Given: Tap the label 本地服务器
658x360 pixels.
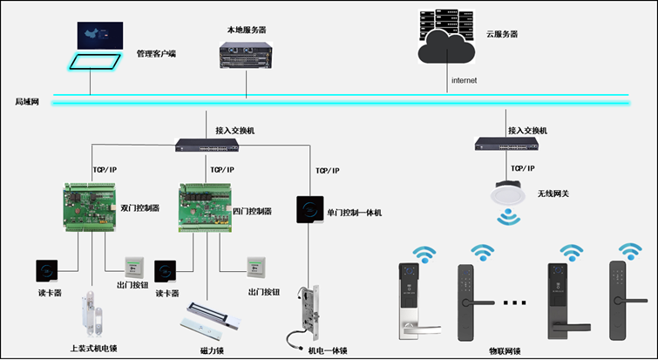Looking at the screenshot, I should point(247,30).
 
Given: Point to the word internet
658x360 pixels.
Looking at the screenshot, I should point(465,81).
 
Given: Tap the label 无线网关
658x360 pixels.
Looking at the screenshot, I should point(554,194).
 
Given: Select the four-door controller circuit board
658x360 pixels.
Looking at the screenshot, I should point(205,207).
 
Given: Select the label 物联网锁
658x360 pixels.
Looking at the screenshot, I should point(505,351).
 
